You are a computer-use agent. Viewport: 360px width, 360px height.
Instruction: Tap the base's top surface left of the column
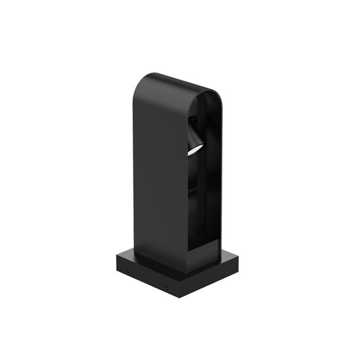pos(127,256)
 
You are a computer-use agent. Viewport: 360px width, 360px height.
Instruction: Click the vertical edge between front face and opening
pos(188,198)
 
